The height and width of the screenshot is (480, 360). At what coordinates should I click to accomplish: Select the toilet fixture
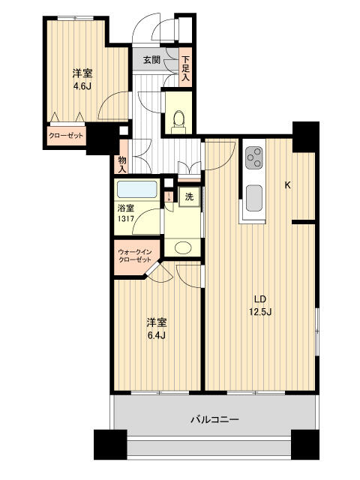[x=178, y=119]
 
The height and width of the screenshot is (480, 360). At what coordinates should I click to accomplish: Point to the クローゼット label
[x=66, y=136]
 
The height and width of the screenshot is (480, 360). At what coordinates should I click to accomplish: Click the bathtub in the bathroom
[x=137, y=189]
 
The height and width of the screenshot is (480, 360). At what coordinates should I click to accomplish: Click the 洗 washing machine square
[x=189, y=196]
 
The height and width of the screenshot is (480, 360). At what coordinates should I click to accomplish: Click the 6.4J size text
[x=156, y=334]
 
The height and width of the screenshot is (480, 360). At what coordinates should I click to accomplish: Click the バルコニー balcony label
[x=214, y=420]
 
